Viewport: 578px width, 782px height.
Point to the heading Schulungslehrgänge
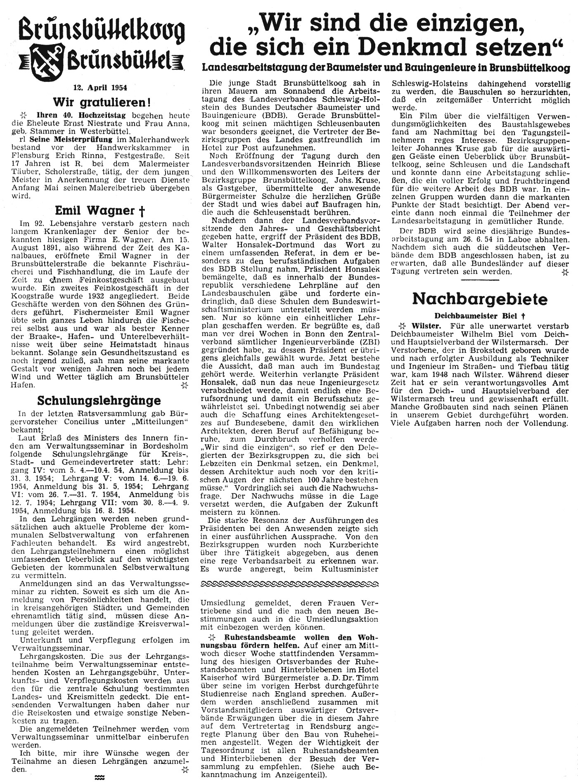[x=99, y=400]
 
